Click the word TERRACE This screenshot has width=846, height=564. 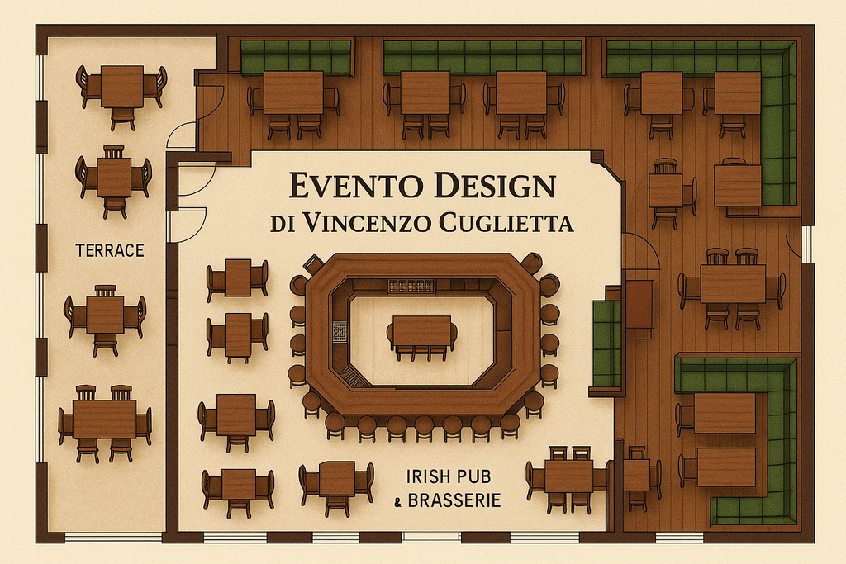click(x=110, y=249)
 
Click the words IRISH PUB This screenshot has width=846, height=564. click(x=454, y=476)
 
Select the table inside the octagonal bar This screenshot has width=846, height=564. click(x=422, y=332)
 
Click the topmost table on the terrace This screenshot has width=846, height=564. click(x=122, y=86)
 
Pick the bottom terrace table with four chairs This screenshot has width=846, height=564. click(x=104, y=419)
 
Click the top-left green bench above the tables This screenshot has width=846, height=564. click(x=296, y=57)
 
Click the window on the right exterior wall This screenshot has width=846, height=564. click(x=807, y=244)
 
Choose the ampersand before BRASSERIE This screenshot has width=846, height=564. click(x=398, y=501)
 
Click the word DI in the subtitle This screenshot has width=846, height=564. click(x=283, y=223)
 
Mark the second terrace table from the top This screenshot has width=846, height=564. click(x=114, y=177)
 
